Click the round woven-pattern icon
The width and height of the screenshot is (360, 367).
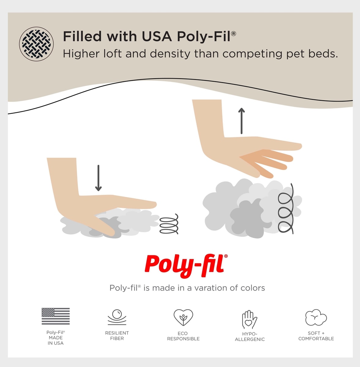click(36, 44)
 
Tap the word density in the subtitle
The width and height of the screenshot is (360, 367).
click(170, 54)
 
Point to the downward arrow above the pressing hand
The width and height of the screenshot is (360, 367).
click(98, 178)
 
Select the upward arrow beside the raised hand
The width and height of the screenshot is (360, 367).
click(242, 121)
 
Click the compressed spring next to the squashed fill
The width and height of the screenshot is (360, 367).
click(169, 224)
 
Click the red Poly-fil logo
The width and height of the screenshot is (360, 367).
click(186, 266)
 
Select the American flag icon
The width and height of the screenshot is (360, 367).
click(56, 316)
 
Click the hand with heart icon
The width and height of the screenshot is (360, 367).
click(249, 320)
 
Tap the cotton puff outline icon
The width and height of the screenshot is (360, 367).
click(316, 317)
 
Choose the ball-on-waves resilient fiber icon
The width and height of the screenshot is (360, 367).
click(117, 317)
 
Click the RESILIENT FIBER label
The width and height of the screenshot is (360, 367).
click(117, 336)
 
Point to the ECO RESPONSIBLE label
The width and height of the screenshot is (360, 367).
click(183, 336)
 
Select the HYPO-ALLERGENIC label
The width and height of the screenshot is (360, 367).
click(250, 336)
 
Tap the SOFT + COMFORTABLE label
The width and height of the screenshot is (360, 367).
click(316, 336)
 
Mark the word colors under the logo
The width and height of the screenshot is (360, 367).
click(253, 288)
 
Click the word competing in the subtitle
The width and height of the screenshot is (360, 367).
click(253, 54)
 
